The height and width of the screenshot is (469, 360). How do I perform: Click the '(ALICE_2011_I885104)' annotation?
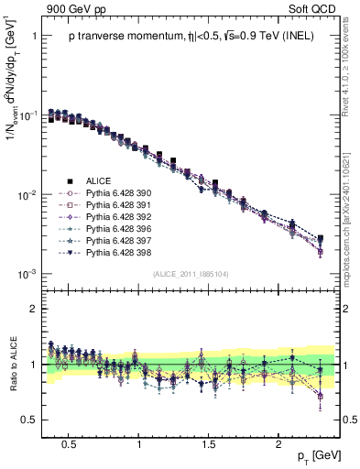tap(190, 274)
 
